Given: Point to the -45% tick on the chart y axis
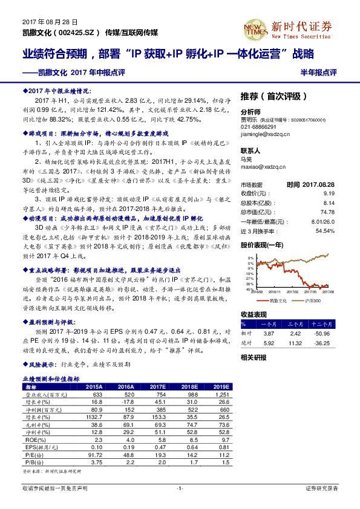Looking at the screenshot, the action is click(249, 288).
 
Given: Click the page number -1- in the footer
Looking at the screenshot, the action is click(180, 488).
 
